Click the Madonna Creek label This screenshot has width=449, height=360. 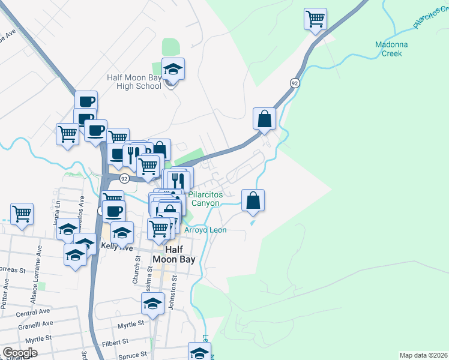pyautogui.click(x=391, y=49)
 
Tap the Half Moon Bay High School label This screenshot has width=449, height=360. pyautogui.click(x=134, y=82)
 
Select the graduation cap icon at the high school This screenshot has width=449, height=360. pyautogui.click(x=173, y=69)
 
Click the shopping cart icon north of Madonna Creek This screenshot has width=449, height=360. pyautogui.click(x=315, y=19)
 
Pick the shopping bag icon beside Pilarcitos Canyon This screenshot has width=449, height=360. pyautogui.click(x=253, y=200)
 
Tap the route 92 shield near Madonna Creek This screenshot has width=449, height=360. pyautogui.click(x=294, y=83)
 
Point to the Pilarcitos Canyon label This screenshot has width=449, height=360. pyautogui.click(x=205, y=199)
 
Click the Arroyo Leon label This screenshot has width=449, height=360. pyautogui.click(x=205, y=230)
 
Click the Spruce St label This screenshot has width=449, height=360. pyautogui.click(x=133, y=355)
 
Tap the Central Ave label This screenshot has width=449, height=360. pyautogui.click(x=33, y=313)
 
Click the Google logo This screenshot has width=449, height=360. pyautogui.click(x=20, y=353)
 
